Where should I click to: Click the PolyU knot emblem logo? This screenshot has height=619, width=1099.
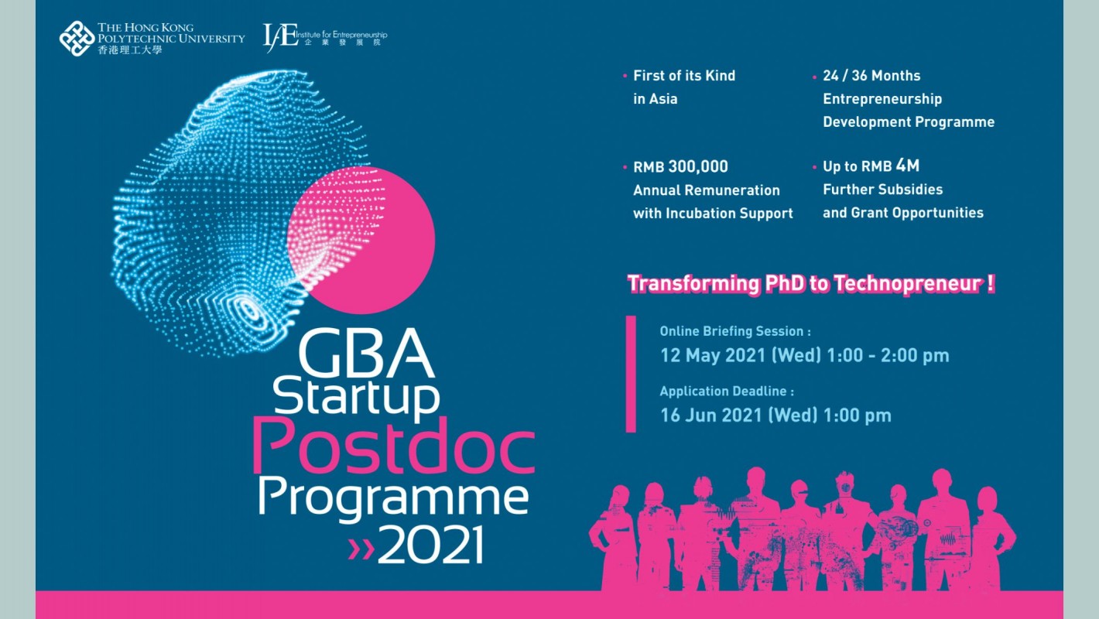click(77, 38)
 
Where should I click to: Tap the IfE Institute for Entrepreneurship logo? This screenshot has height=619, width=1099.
click(325, 37)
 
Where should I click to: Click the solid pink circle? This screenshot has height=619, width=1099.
click(361, 241)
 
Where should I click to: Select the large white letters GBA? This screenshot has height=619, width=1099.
click(366, 353)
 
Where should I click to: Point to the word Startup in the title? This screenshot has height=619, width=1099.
click(356, 398)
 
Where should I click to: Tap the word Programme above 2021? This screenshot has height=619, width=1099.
click(393, 499)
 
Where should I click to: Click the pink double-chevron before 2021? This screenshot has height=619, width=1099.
click(361, 549)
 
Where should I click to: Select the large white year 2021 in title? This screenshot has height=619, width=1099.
click(431, 545)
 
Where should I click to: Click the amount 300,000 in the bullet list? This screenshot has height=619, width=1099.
click(697, 167)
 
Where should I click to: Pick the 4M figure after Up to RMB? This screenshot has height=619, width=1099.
click(908, 166)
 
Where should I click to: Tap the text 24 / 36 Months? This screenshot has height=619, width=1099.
click(871, 76)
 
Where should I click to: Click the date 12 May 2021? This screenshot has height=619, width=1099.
click(713, 356)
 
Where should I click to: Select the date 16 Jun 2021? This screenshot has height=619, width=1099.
click(711, 416)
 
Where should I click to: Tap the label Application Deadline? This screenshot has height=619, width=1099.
click(723, 392)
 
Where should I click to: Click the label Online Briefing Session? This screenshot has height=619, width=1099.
click(731, 332)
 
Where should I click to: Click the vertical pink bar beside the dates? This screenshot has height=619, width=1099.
click(631, 374)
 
